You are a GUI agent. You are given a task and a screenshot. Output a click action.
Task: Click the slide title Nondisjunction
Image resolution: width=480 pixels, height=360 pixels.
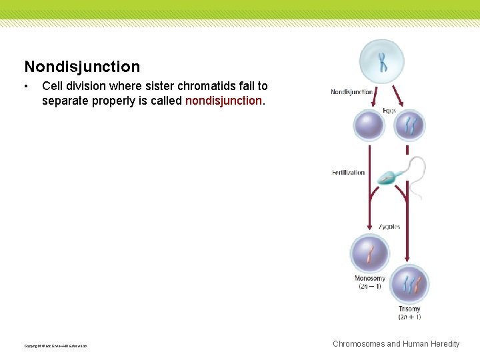pyautogui.click(x=82, y=67)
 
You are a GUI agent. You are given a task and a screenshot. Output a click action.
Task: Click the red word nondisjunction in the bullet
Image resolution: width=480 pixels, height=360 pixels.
pyautogui.click(x=223, y=101)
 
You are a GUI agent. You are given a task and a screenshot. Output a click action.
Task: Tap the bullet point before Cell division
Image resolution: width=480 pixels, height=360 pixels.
pyautogui.click(x=26, y=87)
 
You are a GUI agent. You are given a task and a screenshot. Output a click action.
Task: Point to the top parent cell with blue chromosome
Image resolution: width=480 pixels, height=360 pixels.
pyautogui.click(x=382, y=61)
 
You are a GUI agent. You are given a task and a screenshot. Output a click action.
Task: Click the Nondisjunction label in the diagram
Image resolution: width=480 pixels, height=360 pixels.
pyautogui.click(x=351, y=92)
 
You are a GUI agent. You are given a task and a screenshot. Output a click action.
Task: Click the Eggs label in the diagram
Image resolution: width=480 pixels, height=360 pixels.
pyautogui.click(x=389, y=110)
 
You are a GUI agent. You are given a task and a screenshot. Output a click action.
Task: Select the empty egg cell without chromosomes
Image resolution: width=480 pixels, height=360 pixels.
pyautogui.click(x=369, y=125)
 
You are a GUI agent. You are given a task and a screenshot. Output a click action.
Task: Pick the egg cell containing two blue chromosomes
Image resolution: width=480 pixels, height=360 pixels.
pyautogui.click(x=409, y=125)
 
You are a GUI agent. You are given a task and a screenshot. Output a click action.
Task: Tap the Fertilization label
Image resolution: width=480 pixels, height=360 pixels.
pyautogui.click(x=349, y=173)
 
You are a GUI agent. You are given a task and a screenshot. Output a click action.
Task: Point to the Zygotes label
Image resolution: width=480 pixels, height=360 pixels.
pyautogui.click(x=389, y=227)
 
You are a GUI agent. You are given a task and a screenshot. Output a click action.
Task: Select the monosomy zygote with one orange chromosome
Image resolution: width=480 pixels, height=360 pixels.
pyautogui.click(x=369, y=254)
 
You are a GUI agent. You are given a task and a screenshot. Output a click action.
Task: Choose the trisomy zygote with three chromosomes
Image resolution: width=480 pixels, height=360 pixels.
pyautogui.click(x=409, y=285)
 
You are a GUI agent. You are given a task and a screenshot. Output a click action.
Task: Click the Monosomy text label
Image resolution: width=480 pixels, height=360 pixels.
pyautogui.click(x=369, y=278)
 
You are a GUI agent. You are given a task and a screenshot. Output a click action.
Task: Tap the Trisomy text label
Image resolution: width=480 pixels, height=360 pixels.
pyautogui.click(x=409, y=309)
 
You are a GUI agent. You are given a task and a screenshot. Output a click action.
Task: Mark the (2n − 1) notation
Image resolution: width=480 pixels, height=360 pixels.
pyautogui.click(x=369, y=286)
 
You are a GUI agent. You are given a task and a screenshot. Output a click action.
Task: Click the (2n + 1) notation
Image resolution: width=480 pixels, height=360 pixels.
pyautogui.click(x=409, y=317)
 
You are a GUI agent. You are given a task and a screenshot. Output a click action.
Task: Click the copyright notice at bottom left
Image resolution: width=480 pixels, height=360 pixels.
pyautogui.click(x=55, y=345)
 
